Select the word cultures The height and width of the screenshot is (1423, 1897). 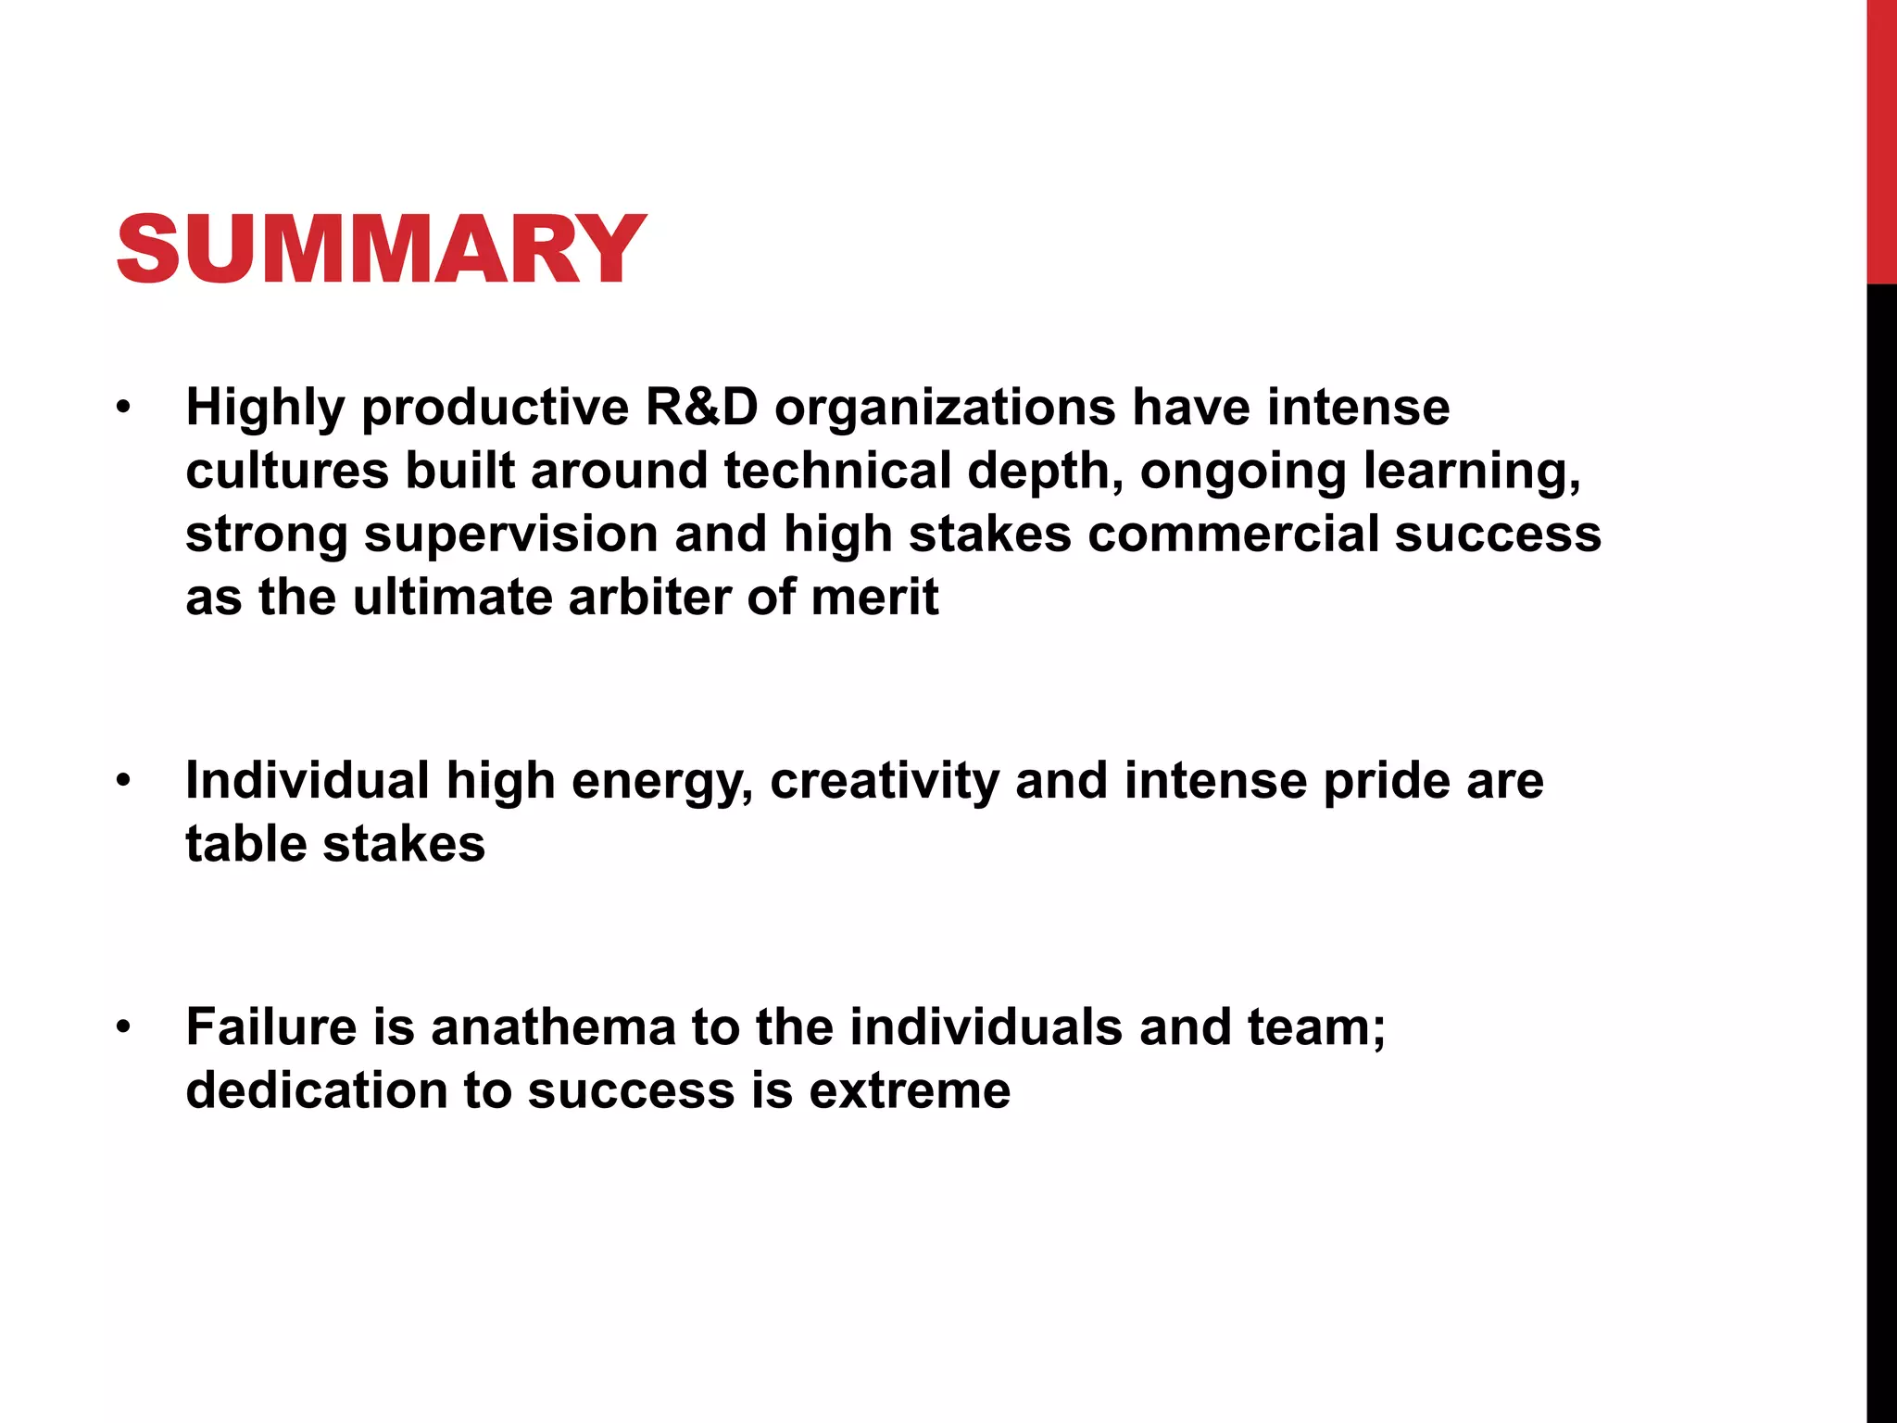coord(286,471)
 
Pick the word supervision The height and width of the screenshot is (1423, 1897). coord(510,535)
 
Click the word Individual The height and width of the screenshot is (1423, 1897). coord(307,780)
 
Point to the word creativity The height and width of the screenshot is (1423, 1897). coord(885,782)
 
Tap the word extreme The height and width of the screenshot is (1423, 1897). coord(910,1090)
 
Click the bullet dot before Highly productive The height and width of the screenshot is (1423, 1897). coord(123,408)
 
